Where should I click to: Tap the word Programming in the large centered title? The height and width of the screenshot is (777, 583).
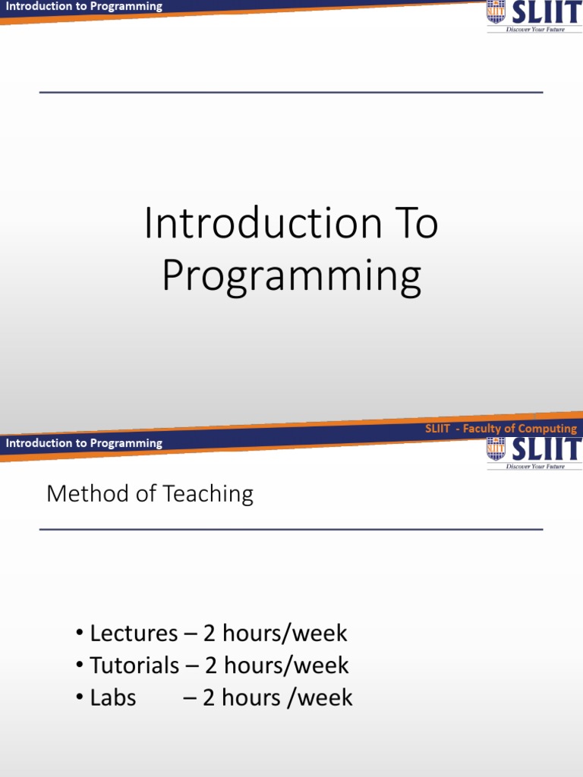pos(291,278)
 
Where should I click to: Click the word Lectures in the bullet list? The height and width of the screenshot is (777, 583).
pos(134,633)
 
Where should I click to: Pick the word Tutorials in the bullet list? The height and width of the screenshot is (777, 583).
pos(134,665)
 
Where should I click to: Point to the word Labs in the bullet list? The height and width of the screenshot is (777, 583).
pos(112,698)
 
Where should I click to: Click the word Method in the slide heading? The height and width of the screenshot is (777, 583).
pos(81,494)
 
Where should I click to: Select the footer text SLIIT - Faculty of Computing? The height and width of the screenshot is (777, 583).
pos(500,429)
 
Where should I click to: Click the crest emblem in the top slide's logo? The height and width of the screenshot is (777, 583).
pos(496,13)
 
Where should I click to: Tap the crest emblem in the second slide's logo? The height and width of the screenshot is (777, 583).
pos(496,448)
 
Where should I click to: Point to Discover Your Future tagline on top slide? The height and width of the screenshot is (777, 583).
pos(535,30)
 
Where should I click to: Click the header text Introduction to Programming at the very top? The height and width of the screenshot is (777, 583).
pos(84,6)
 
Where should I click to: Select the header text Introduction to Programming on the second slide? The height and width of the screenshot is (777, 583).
pos(84,443)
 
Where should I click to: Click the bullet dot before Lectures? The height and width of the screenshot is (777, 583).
pos(80,634)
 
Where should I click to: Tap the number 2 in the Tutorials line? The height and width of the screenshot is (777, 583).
pos(211,665)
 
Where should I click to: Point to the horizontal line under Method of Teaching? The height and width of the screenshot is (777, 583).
pos(291,530)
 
